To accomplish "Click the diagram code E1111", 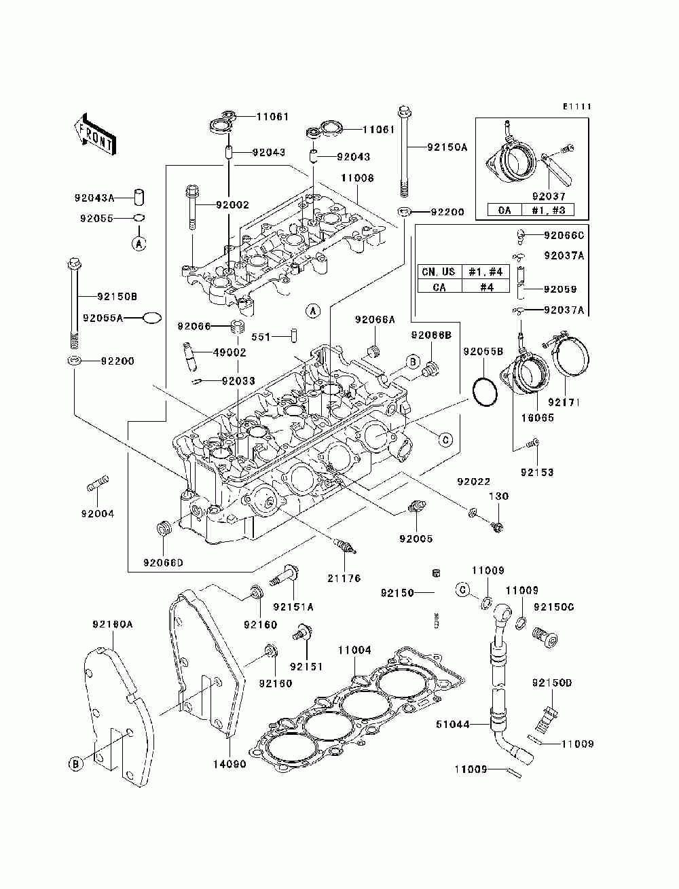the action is click(x=577, y=107).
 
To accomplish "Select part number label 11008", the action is click(x=356, y=178).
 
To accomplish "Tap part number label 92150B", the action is click(x=117, y=297).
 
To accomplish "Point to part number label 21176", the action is click(x=344, y=578).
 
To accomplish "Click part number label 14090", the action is click(x=230, y=764).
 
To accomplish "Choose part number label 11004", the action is click(x=354, y=650).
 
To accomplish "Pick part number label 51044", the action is click(x=453, y=724).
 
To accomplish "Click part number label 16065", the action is click(x=537, y=418).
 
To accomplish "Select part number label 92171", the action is click(x=564, y=402).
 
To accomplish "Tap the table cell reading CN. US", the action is click(x=439, y=272).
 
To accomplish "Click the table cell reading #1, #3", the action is click(x=548, y=210).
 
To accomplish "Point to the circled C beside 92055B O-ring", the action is click(x=445, y=439).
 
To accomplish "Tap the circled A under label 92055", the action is click(x=139, y=243).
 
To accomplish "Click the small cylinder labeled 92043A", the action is click(x=139, y=197).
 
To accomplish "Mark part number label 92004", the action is click(x=98, y=513).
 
